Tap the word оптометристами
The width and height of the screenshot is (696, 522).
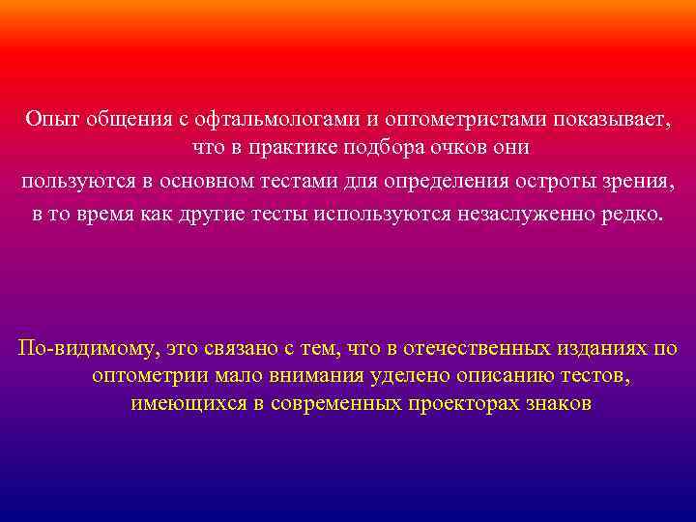tap(466, 119)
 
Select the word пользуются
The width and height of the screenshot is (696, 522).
tap(73, 182)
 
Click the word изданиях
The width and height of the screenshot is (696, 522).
tap(599, 346)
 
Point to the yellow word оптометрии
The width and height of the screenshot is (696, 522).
tap(150, 375)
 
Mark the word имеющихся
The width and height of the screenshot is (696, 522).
tap(195, 404)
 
